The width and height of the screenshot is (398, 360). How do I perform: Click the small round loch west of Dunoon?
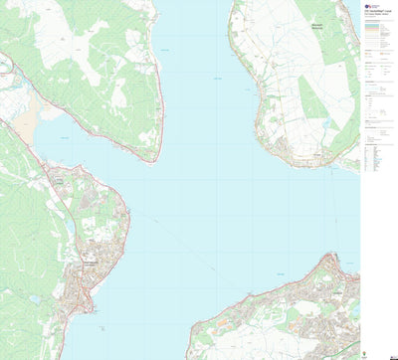click(35, 297)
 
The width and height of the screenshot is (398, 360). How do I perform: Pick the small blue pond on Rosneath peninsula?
click(324, 122)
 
